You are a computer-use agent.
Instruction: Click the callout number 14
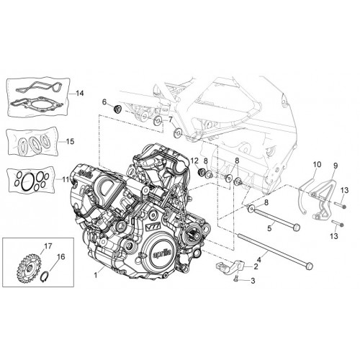[x=79, y=93]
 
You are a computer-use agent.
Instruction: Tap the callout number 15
[x=71, y=141]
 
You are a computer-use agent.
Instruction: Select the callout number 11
[x=66, y=179]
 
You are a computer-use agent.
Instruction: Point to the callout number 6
[x=104, y=102]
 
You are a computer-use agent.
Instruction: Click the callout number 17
[x=48, y=246]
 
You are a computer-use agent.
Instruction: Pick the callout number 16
[x=61, y=257]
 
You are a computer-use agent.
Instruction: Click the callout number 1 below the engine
[x=96, y=275]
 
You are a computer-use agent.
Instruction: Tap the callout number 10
[x=317, y=165]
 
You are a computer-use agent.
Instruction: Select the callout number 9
[x=336, y=166]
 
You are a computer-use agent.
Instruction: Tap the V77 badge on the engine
[x=152, y=227]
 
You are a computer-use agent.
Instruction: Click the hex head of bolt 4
[x=310, y=266]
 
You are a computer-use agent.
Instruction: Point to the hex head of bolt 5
[x=297, y=226]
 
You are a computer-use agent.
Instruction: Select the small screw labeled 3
[x=235, y=278]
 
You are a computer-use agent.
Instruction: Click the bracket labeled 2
[x=230, y=266]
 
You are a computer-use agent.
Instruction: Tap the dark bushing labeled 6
[x=117, y=109]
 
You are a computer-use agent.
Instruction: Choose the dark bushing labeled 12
[x=201, y=171]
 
